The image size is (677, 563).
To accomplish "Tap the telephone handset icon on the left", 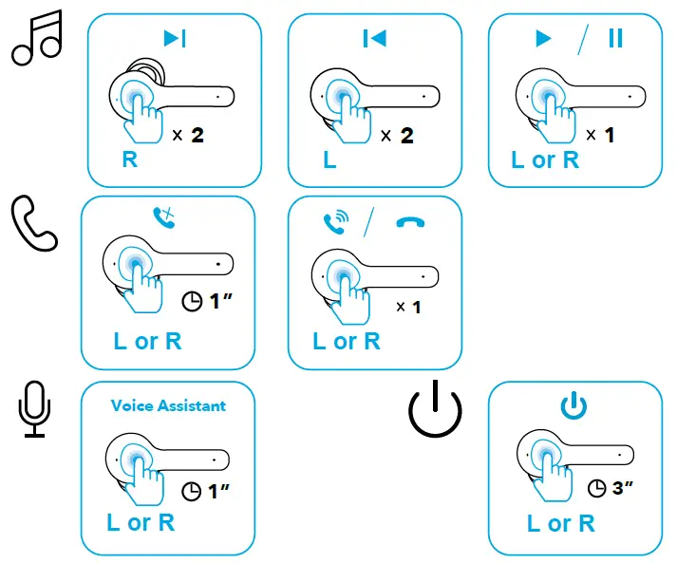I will click(x=34, y=224).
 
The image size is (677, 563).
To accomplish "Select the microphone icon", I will click(x=34, y=409).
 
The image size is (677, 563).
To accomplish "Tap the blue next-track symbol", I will click(x=175, y=38).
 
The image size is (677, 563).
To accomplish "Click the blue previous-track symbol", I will click(x=374, y=38).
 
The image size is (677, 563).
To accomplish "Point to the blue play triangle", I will click(x=543, y=38).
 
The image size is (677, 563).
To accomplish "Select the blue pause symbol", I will click(x=616, y=38).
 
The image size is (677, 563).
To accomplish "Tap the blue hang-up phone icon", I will click(x=411, y=222).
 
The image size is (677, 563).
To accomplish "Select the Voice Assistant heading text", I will click(x=168, y=405).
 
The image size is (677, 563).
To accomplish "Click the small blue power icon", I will click(x=574, y=406).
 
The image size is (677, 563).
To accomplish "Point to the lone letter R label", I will click(x=129, y=160).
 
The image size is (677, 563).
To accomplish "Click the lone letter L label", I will click(x=329, y=160).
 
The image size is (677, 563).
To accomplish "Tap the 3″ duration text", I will click(x=623, y=489).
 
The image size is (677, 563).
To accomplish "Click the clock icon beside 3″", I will click(x=596, y=489).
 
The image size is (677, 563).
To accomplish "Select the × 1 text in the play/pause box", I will click(x=600, y=136).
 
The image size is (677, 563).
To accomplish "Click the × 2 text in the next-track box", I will click(x=188, y=136).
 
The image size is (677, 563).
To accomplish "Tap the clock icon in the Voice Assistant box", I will click(x=191, y=491).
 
